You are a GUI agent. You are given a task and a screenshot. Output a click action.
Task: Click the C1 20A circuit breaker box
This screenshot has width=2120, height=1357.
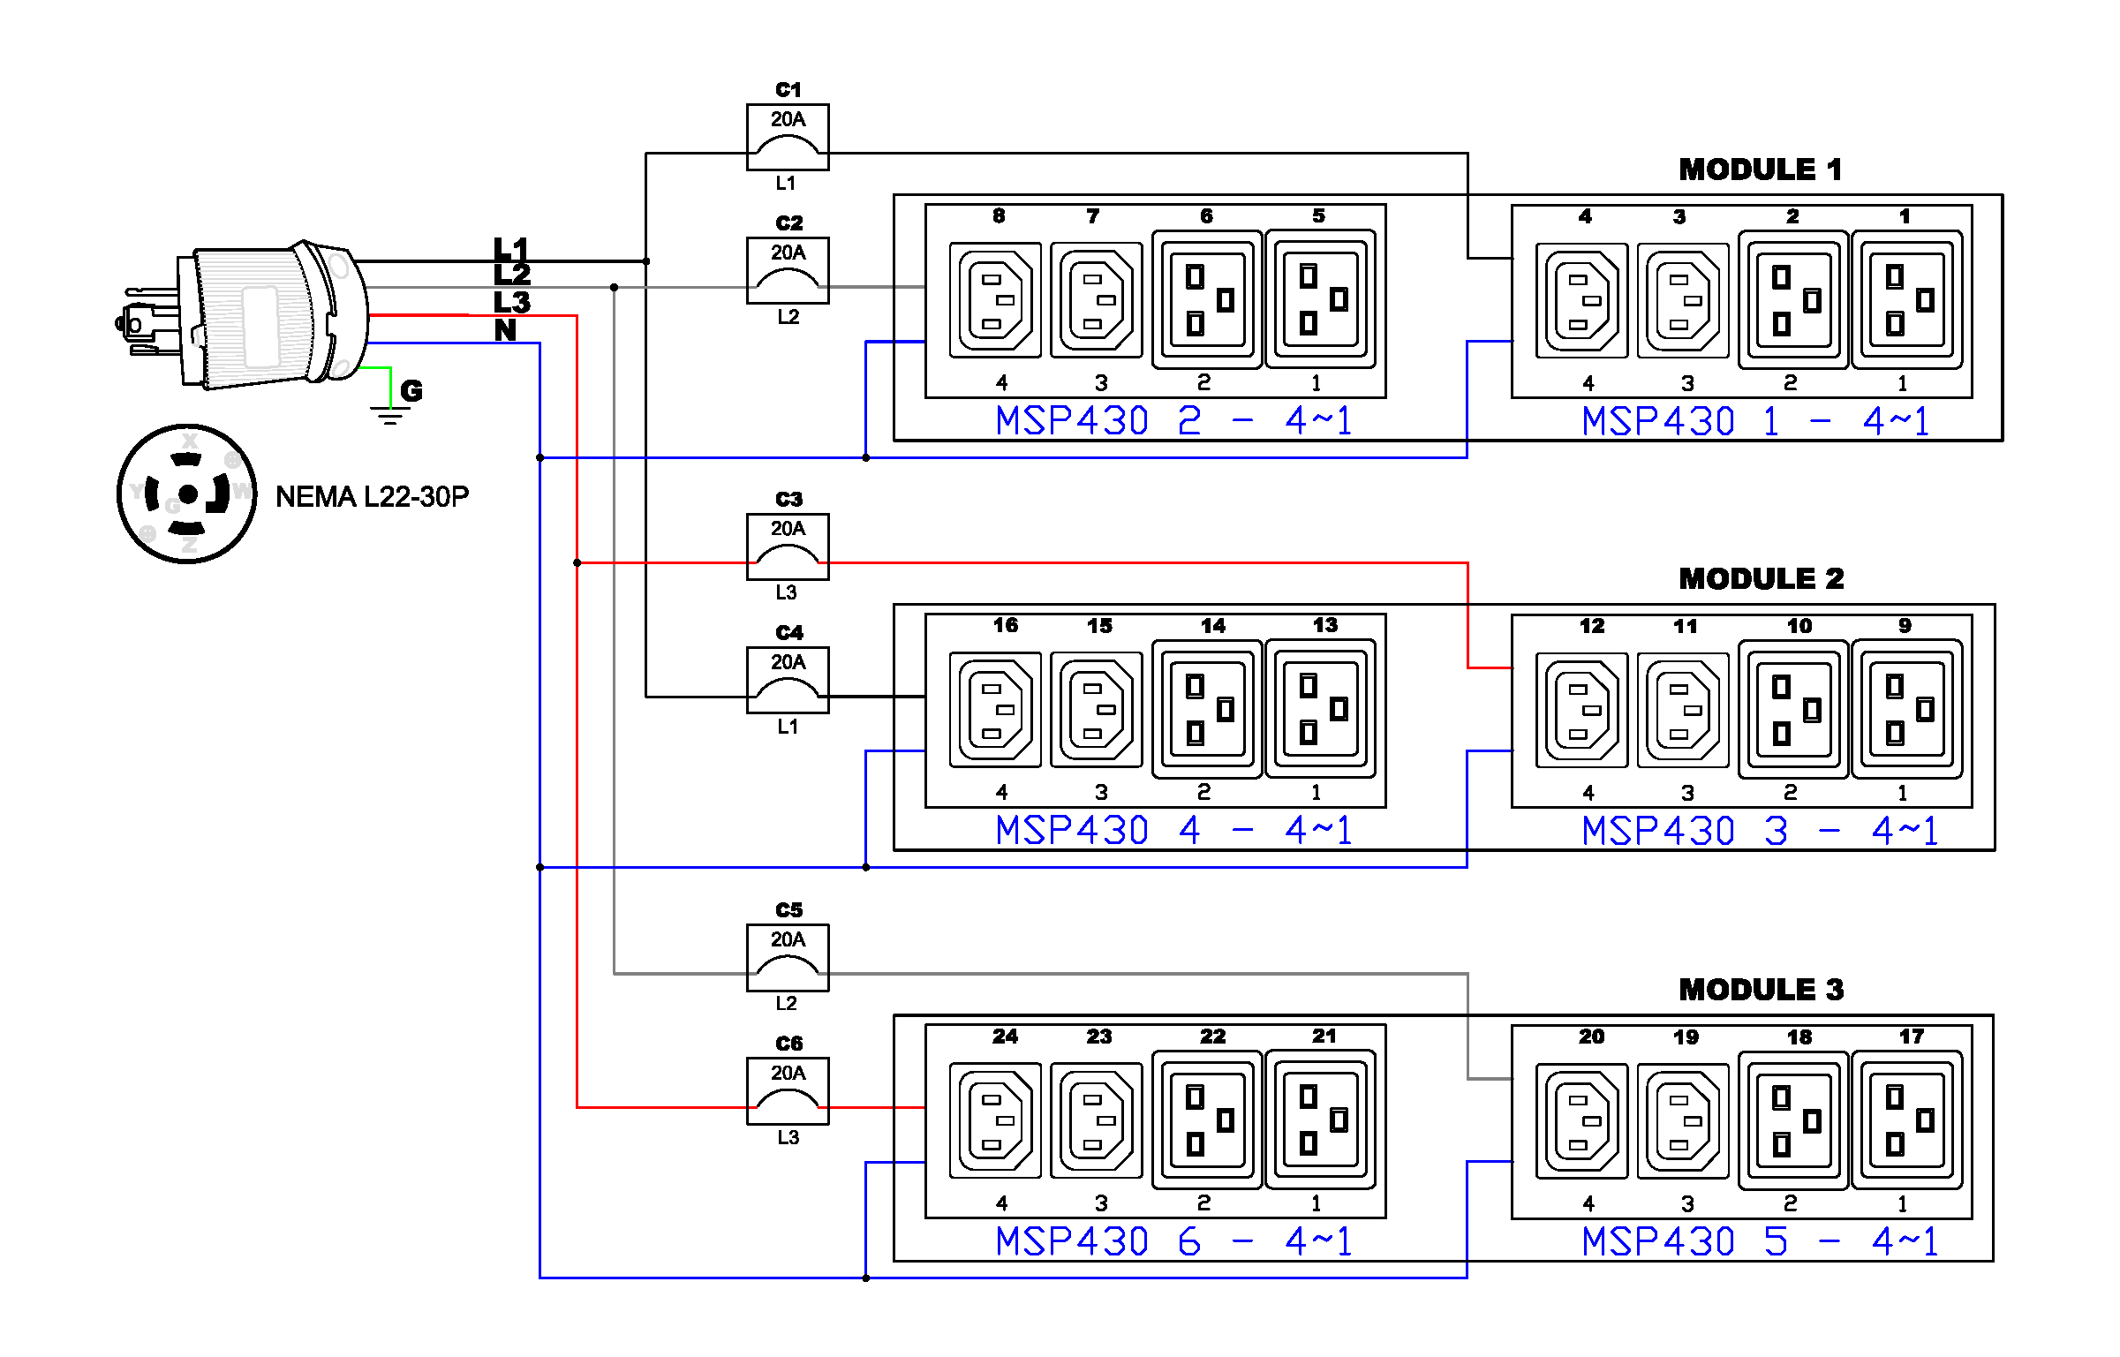click(788, 137)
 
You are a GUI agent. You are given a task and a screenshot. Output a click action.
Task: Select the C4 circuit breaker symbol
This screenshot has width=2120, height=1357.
click(788, 680)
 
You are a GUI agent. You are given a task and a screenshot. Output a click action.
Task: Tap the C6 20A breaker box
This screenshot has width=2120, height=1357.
click(788, 1090)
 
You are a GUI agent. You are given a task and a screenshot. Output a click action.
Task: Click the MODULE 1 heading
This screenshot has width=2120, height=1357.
click(1760, 170)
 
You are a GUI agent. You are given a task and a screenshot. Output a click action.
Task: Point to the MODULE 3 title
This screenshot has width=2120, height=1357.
click(1761, 990)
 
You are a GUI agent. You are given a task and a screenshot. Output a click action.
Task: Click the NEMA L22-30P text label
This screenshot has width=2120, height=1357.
click(372, 497)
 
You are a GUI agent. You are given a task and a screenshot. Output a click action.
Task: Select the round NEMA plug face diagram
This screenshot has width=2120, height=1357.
click(187, 494)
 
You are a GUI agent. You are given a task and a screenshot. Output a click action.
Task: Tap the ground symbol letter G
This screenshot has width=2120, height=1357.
click(411, 390)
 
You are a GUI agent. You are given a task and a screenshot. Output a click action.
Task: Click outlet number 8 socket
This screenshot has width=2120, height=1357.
click(995, 299)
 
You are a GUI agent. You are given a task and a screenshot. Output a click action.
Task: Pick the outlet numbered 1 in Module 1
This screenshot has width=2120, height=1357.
click(1906, 300)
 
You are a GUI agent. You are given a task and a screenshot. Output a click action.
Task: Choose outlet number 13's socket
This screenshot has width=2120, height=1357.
click(1320, 709)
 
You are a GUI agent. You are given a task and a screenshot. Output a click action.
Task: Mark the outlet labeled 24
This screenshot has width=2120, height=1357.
click(995, 1120)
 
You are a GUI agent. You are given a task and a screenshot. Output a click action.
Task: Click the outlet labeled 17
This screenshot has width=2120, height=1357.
click(1906, 1120)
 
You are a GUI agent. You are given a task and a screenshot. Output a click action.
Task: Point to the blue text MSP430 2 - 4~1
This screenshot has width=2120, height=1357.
click(1173, 421)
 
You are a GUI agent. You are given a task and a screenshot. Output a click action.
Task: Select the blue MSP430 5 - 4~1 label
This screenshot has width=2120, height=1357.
click(1760, 1242)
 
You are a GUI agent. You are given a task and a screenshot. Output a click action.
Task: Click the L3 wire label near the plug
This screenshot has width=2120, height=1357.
click(512, 302)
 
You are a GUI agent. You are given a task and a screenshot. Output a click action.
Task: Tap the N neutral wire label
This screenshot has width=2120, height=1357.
click(505, 330)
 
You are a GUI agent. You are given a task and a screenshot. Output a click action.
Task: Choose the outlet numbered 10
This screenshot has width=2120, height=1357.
click(1793, 710)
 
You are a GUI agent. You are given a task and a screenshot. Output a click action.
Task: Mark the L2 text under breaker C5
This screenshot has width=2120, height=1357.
click(787, 1003)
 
